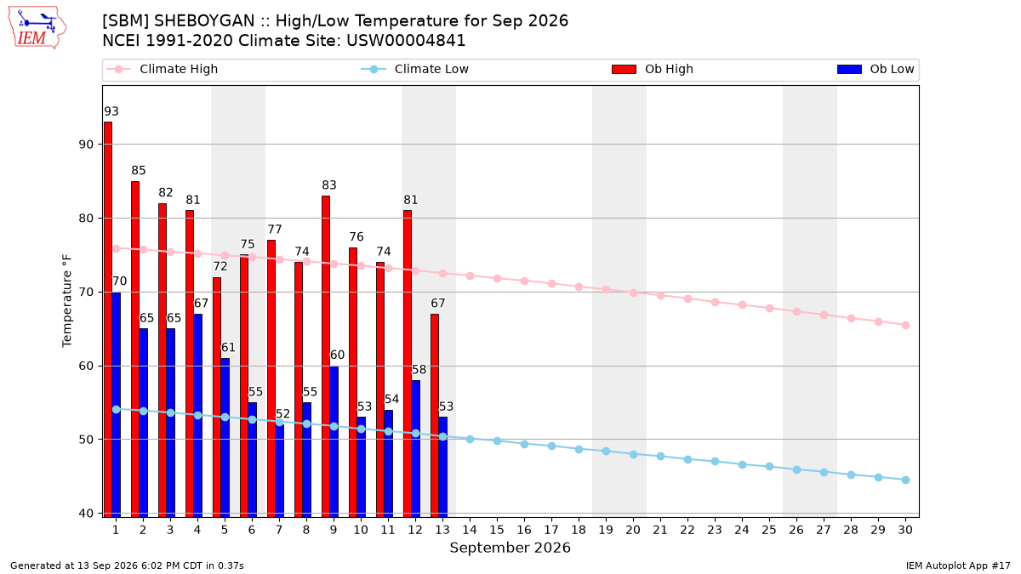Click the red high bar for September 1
108,320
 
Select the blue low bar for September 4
197,416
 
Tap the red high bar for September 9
326,356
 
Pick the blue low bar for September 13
443,467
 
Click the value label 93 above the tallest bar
111,111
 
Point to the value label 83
329,185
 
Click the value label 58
419,370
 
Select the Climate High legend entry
163,69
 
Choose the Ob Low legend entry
876,69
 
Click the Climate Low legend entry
415,69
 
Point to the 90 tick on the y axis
86,145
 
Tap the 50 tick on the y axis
86,440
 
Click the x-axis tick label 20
633,531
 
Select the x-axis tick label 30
905,531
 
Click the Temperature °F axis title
67,301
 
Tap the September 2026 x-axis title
510,548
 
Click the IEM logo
37,28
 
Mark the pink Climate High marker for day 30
905,325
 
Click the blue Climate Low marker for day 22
687,460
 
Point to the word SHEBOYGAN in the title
204,21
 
